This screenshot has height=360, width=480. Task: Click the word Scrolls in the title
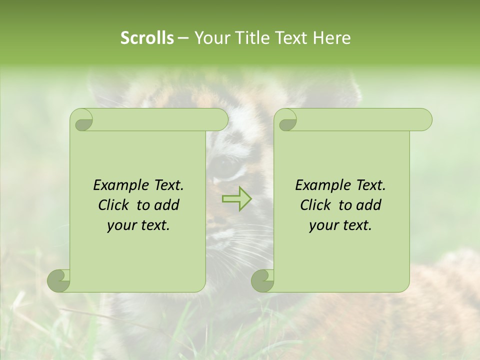point(147,38)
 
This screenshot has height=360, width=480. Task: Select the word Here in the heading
point(331,38)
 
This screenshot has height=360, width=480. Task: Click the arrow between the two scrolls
point(237,199)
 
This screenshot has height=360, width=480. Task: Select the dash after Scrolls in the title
point(183,38)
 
